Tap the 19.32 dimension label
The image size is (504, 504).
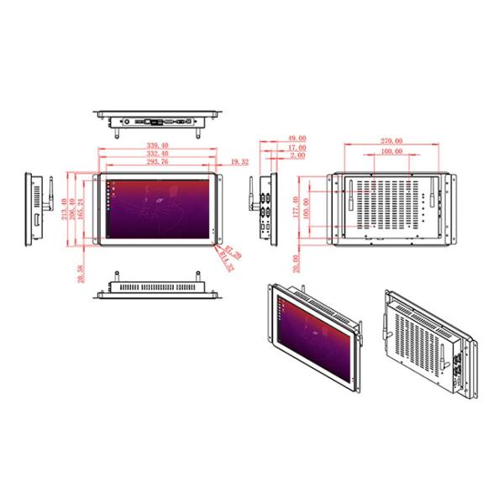pos(239,160)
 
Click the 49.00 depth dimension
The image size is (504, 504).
pos(297,139)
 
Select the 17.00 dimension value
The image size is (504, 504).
pos(297,148)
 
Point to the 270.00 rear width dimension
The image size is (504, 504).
pos(391,141)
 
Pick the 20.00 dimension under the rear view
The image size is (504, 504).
pos(294,263)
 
